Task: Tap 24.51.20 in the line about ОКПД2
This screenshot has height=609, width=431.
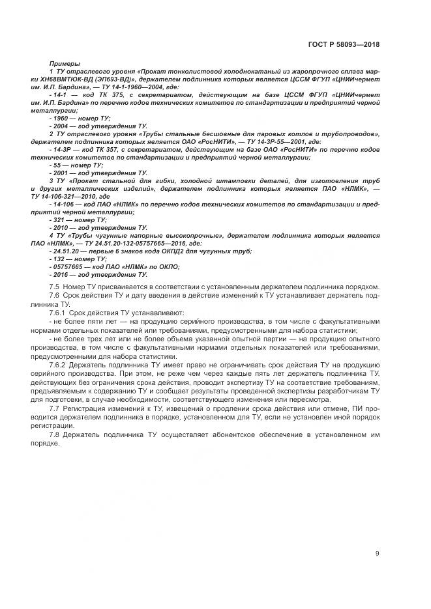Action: click(65, 251)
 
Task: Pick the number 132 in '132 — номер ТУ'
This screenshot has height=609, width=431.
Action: click(58, 259)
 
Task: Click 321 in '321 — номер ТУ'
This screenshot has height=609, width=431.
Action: click(58, 220)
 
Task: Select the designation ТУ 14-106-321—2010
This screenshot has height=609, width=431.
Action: click(66, 196)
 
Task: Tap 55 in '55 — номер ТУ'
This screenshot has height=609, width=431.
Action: click(56, 165)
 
